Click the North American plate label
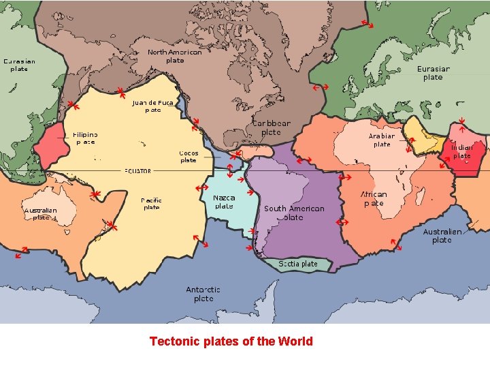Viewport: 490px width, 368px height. [x=175, y=56]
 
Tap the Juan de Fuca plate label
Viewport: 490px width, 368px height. [x=153, y=106]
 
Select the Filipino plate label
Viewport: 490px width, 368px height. [x=85, y=138]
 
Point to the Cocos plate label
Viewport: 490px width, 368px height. [x=189, y=157]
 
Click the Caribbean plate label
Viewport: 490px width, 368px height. [x=272, y=127]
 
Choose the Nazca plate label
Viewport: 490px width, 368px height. [x=225, y=202]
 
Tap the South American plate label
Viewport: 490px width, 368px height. [x=294, y=213]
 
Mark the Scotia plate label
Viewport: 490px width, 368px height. [x=297, y=264]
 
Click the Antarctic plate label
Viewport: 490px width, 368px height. [x=203, y=294]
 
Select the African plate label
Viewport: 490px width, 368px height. [x=374, y=198]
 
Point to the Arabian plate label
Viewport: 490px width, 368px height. [x=382, y=140]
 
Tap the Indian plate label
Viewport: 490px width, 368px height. [x=462, y=151]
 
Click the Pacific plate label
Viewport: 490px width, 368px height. [x=151, y=204]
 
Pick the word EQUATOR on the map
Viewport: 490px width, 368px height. [x=137, y=170]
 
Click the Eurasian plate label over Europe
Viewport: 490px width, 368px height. [x=433, y=73]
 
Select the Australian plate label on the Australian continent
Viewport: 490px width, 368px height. [x=40, y=214]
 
